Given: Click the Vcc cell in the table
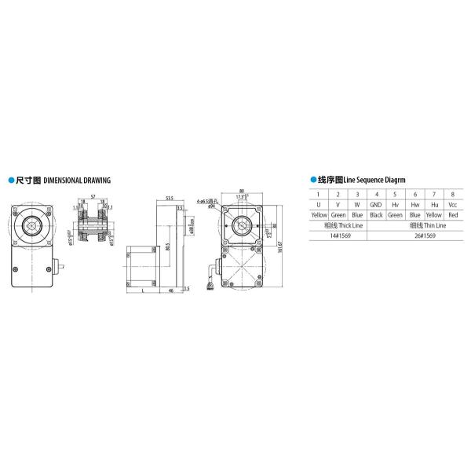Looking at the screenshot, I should click(x=452, y=203).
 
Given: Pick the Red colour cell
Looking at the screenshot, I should click(x=452, y=214).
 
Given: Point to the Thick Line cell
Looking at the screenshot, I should click(x=337, y=224).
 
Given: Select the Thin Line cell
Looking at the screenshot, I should click(x=414, y=224).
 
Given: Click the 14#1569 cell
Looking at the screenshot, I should click(x=337, y=234).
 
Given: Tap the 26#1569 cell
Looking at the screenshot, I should click(x=414, y=234).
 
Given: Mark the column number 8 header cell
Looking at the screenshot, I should click(x=452, y=193).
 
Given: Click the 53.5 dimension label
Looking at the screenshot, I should click(x=170, y=198).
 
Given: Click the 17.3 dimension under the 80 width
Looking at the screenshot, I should click(x=239, y=196).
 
